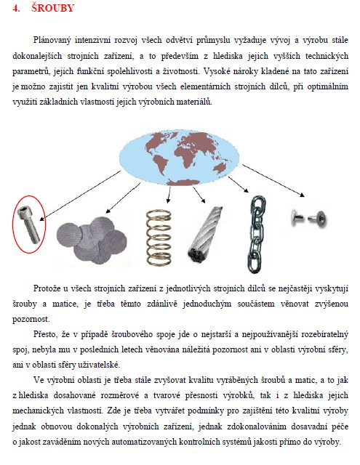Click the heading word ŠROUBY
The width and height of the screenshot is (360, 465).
[x=53, y=8]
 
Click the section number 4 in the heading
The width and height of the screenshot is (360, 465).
[x=15, y=8]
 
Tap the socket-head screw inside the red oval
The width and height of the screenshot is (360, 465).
[x=28, y=225]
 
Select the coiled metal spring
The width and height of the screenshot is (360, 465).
[x=159, y=238]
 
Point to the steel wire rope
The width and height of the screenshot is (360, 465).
[x=204, y=234]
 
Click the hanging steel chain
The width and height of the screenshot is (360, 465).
[x=256, y=234]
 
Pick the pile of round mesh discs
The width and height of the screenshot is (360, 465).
[x=92, y=240]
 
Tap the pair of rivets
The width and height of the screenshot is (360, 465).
[x=308, y=218]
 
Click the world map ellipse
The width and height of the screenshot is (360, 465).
[x=179, y=157]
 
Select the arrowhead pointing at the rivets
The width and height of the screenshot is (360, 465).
[x=302, y=195]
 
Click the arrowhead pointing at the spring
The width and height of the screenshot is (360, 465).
[x=168, y=201]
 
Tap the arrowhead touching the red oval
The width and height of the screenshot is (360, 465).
[x=42, y=219]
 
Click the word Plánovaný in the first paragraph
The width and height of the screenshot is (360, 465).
[x=52, y=41]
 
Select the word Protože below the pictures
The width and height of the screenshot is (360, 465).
[x=47, y=288]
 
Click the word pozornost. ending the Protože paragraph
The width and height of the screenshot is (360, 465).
[x=31, y=320]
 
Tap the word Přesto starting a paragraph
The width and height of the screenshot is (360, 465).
[x=45, y=334]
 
